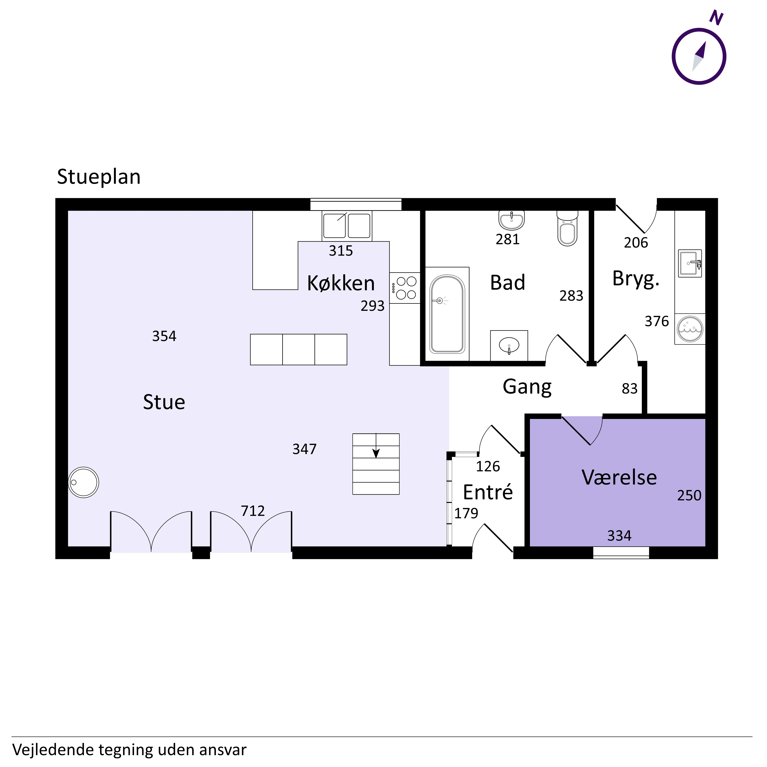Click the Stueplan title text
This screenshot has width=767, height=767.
(99, 177)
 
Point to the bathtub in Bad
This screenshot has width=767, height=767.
(447, 314)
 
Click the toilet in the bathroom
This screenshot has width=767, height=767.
(567, 228)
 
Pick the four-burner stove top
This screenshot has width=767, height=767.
(405, 288)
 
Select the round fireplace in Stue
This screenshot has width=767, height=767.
(83, 482)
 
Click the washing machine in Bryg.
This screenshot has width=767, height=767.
(690, 329)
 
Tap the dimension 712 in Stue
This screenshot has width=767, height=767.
(253, 511)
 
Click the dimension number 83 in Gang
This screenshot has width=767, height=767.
(630, 389)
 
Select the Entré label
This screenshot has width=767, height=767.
(488, 492)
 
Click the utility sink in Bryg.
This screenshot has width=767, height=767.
(690, 263)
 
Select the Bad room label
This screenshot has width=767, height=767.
(508, 283)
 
